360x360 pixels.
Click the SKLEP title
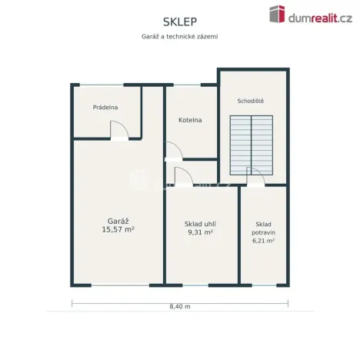click(180, 22)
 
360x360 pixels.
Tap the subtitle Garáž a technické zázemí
click(180, 36)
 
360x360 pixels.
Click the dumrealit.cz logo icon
click(277, 14)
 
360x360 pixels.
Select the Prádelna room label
click(105, 107)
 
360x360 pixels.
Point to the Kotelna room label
click(190, 120)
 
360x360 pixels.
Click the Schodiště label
click(251, 101)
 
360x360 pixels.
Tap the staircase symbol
click(252, 145)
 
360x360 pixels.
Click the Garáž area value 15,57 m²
click(118, 229)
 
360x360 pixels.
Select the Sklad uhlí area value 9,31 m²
click(200, 232)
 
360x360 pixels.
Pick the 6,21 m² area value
click(263, 241)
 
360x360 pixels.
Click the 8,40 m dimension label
click(180, 306)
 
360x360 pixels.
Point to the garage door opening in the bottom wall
click(120, 285)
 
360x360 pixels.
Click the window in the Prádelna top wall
click(102, 85)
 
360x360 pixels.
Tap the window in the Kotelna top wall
click(187, 85)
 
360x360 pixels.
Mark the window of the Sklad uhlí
click(195, 285)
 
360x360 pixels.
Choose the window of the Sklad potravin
click(265, 285)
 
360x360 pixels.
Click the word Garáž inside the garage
click(118, 221)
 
